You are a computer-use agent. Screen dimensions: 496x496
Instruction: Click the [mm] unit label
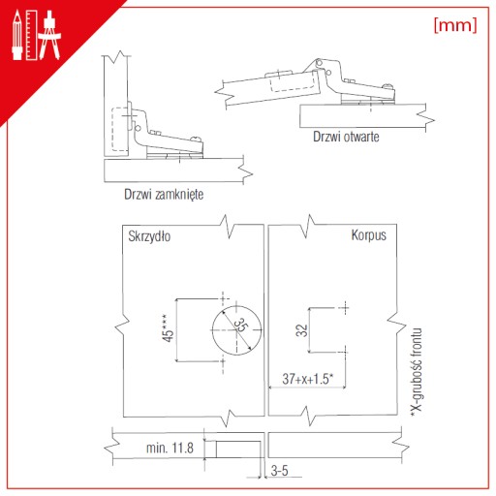(455, 25)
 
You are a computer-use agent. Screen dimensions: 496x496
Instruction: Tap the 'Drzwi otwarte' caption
(346, 137)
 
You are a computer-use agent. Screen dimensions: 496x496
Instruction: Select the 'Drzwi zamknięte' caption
(164, 195)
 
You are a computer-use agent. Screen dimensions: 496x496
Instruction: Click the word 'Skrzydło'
(149, 236)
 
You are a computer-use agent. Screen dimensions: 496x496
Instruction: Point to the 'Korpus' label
(369, 235)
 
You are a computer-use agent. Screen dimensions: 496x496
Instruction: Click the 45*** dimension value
(168, 327)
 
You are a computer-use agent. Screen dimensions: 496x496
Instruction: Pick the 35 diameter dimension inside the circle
(240, 325)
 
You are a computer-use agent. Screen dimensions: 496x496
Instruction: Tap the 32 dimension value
(301, 330)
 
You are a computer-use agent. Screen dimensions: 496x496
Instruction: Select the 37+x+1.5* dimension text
(308, 379)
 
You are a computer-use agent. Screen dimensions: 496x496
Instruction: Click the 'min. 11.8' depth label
(170, 448)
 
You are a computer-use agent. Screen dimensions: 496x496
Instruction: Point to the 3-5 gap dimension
(280, 471)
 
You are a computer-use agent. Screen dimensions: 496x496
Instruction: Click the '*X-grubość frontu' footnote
(417, 372)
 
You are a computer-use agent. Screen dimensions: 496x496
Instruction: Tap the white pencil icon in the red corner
(17, 35)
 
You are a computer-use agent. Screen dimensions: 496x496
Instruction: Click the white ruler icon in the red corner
(32, 35)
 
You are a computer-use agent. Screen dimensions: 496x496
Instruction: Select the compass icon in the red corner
(49, 35)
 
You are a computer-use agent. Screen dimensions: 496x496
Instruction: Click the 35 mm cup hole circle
(212, 330)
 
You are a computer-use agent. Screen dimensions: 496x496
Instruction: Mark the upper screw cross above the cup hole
(223, 298)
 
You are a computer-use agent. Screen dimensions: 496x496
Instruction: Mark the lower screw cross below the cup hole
(223, 361)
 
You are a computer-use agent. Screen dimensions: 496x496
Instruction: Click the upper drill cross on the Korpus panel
(345, 308)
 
